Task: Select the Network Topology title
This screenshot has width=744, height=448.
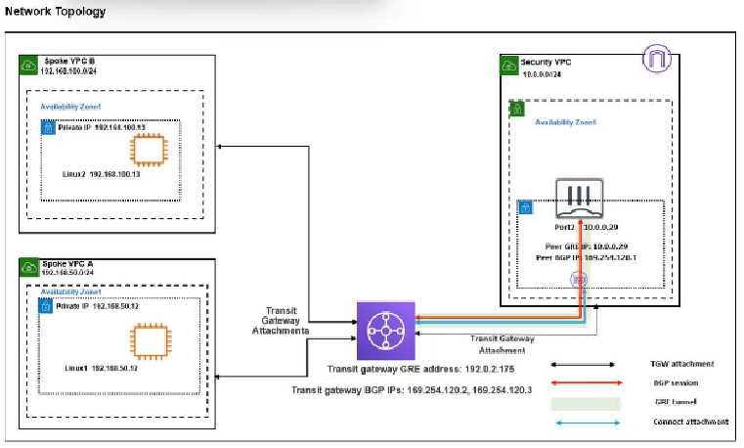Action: [55, 12]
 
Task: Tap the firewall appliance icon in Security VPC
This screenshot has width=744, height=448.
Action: [580, 200]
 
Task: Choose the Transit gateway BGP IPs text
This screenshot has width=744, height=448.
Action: [417, 389]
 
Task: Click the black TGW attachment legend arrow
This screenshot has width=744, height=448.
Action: [584, 363]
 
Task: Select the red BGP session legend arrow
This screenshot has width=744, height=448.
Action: [584, 382]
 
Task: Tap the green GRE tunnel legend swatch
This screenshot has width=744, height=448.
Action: [584, 402]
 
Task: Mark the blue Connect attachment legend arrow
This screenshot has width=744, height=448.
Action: [584, 422]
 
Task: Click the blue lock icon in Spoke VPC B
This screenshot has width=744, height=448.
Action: [47, 128]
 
